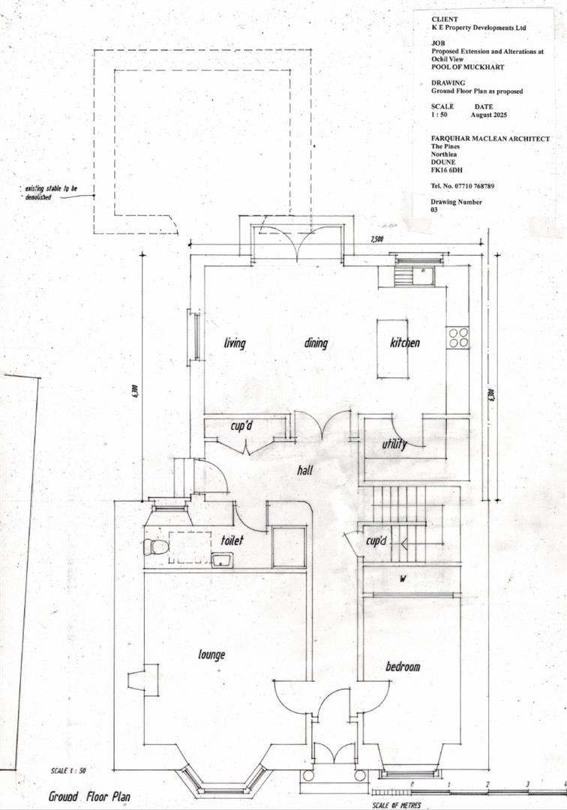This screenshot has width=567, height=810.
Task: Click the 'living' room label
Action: (235, 343)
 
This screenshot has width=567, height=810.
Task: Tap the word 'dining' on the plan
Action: (316, 343)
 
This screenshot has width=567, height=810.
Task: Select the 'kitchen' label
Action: (405, 343)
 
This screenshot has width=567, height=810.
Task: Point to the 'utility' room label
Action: (394, 445)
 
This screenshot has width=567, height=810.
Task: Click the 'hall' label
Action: (304, 471)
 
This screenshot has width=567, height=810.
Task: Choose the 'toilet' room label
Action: (233, 540)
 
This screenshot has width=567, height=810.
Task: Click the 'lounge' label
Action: (212, 655)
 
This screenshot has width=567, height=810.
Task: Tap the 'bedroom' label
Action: (403, 667)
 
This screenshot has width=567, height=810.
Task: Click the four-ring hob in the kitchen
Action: (457, 337)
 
